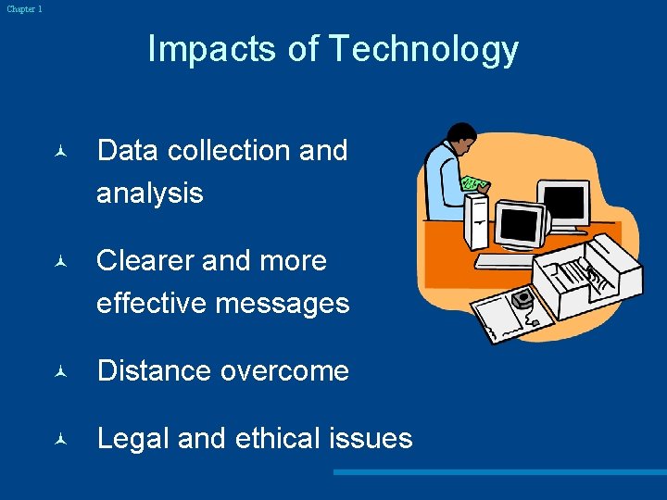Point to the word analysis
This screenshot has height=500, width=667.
(149, 193)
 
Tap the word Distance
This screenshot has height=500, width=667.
(154, 370)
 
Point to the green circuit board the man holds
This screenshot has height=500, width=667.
(475, 182)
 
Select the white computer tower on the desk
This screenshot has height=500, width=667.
(476, 222)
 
